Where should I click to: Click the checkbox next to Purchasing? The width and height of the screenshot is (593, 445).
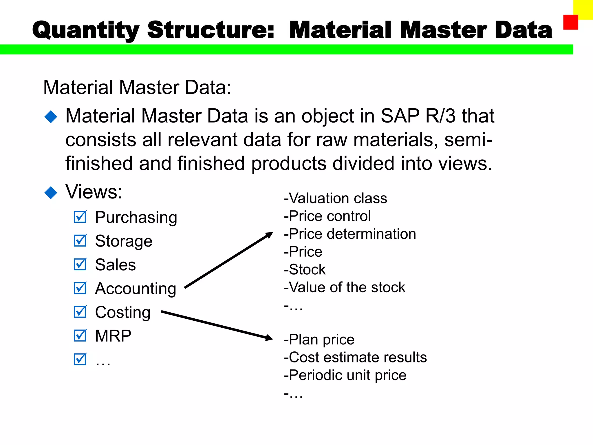[x=80, y=217]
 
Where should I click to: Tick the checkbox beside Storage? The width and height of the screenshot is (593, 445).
[x=80, y=241]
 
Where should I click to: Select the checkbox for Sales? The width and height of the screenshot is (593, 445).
[x=80, y=265]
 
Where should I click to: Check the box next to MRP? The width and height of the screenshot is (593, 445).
[x=80, y=336]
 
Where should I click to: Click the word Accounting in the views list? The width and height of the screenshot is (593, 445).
[x=136, y=289]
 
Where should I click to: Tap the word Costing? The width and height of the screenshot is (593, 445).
[x=123, y=312]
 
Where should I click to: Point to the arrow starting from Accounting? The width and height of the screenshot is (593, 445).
[x=229, y=260]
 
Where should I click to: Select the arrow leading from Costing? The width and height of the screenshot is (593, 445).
[x=217, y=325]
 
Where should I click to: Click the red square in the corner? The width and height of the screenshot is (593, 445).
[x=570, y=22]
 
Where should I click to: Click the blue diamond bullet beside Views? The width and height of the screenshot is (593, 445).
[x=51, y=193]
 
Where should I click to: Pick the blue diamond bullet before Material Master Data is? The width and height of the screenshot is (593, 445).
[x=51, y=117]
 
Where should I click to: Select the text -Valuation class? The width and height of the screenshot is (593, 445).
[x=336, y=198]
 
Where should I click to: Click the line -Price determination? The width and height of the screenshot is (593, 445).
[x=350, y=234]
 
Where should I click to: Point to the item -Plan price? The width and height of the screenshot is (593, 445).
[x=319, y=339]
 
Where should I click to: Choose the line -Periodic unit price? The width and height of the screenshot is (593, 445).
[x=345, y=375]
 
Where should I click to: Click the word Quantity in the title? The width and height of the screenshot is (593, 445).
[x=86, y=30]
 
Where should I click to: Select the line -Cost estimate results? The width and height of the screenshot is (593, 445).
[x=355, y=357]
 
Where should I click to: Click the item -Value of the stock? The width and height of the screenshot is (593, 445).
[x=345, y=287]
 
